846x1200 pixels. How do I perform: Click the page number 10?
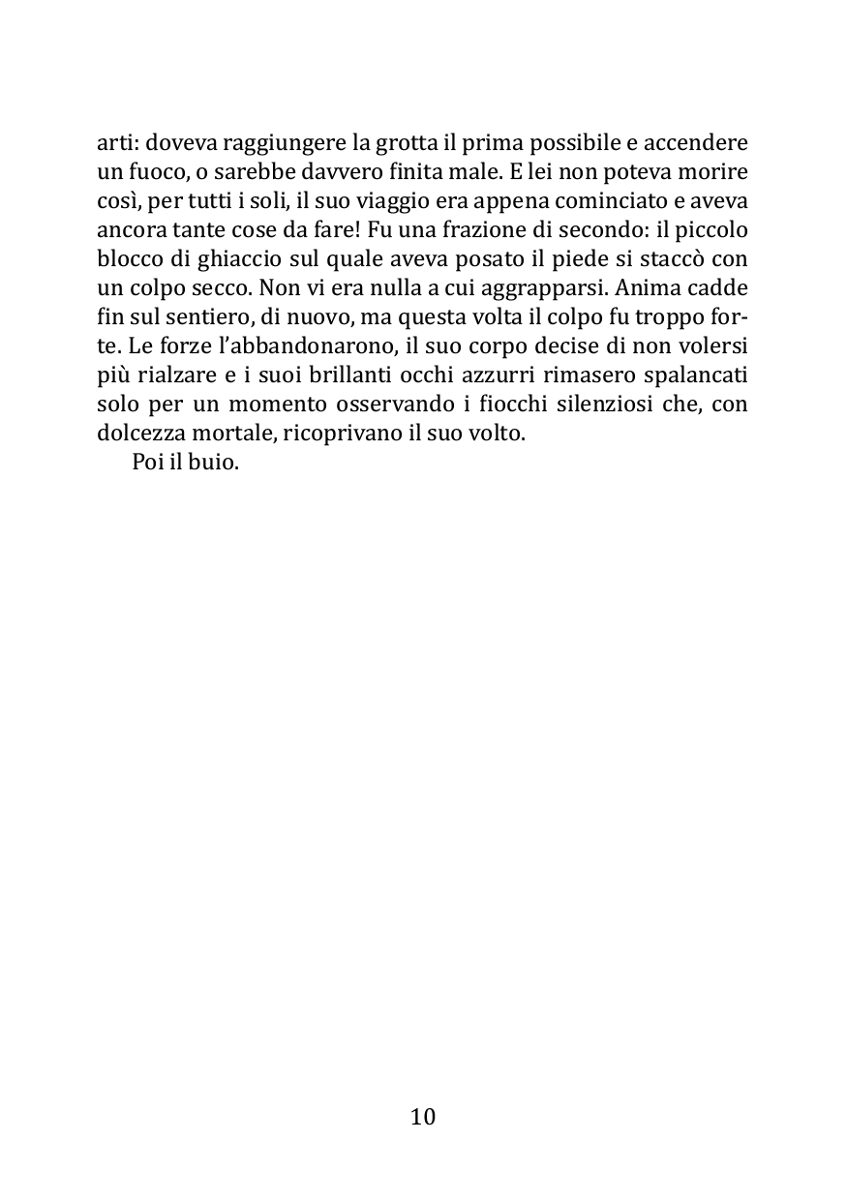pos(423,1117)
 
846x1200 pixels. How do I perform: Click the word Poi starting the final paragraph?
pos(148,463)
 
